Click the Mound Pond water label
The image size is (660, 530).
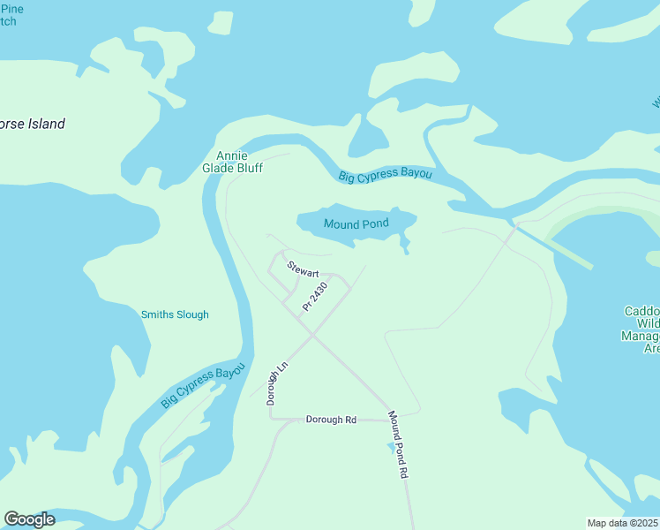pyautogui.click(x=356, y=224)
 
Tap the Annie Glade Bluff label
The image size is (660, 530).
pyautogui.click(x=233, y=161)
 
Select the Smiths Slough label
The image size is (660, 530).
pyautogui.click(x=175, y=314)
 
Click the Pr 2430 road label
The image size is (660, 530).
pyautogui.click(x=315, y=295)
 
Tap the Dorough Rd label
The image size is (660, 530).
pyautogui.click(x=331, y=420)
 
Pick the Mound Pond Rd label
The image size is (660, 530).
pyautogui.click(x=399, y=444)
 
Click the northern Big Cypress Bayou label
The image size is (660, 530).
pyautogui.click(x=386, y=175)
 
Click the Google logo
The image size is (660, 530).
pyautogui.click(x=29, y=519)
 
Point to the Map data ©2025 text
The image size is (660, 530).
pyautogui.click(x=623, y=523)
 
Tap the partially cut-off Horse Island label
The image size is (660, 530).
pyautogui.click(x=33, y=124)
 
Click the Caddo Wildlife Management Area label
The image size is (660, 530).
pyautogui.click(x=642, y=330)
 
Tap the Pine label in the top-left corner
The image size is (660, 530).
pyautogui.click(x=12, y=9)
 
